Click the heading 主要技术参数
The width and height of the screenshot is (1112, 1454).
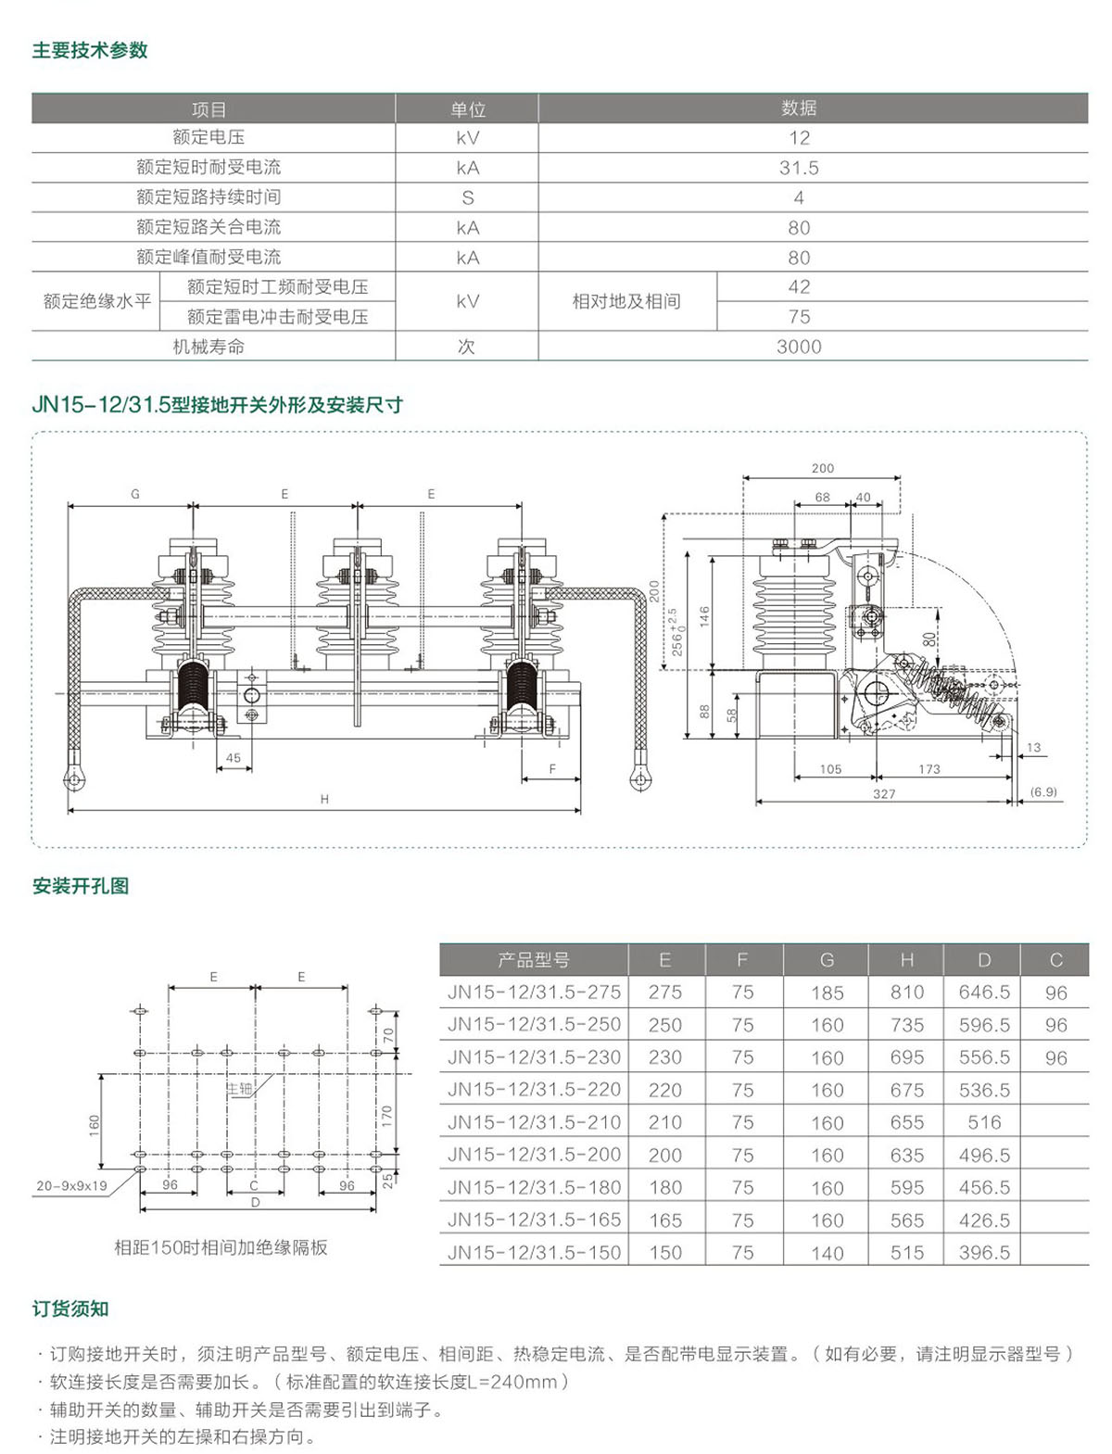click(90, 51)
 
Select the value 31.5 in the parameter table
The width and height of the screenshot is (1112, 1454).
click(799, 168)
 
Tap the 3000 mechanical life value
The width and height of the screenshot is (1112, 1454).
click(799, 347)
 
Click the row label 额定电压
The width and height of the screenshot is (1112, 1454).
click(208, 137)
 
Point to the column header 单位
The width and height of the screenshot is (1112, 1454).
click(468, 109)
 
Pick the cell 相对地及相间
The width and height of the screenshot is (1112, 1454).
click(626, 301)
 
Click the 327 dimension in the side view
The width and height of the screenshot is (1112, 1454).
click(884, 794)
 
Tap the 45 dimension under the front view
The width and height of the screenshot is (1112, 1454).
click(234, 758)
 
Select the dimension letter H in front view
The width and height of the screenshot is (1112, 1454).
click(324, 799)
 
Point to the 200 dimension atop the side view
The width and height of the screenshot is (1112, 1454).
click(822, 468)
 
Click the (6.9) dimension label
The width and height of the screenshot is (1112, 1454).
click(1043, 792)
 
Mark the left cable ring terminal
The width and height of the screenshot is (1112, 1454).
click(73, 778)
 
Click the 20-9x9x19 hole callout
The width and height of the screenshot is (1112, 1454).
click(71, 1185)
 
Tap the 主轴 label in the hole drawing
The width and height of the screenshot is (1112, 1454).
click(240, 1089)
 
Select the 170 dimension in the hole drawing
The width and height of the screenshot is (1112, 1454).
click(387, 1115)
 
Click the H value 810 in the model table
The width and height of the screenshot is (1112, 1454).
click(907, 993)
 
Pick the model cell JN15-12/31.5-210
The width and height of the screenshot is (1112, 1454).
click(534, 1122)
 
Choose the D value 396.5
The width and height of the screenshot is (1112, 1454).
click(984, 1253)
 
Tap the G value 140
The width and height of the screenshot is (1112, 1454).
click(827, 1253)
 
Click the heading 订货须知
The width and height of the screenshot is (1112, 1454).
click(70, 1309)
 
